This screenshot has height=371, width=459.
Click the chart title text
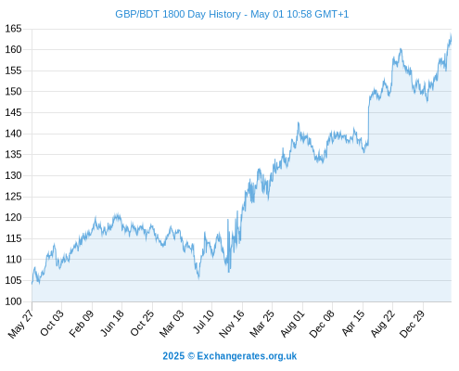point(232,14)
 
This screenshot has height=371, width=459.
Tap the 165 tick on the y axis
point(13,29)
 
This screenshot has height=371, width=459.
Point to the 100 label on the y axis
point(13,301)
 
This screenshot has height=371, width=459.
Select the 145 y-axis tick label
point(13,112)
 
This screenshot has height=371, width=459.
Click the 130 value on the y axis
point(13,175)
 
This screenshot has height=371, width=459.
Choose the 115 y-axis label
point(13,238)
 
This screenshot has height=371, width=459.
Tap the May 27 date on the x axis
point(21,324)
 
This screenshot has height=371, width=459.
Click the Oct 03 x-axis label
point(52,323)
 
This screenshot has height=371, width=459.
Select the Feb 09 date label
point(82,323)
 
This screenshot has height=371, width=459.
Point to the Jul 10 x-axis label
point(203,322)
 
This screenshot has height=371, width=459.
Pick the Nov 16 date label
point(232,324)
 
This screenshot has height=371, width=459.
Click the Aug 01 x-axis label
point(292,323)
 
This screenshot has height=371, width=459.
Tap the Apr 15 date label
point(353,323)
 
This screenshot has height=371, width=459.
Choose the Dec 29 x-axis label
point(413,324)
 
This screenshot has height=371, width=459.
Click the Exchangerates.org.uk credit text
point(247,356)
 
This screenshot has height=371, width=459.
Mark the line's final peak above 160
point(451,34)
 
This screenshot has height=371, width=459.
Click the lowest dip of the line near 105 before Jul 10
point(198,277)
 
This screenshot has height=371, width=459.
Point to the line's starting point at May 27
point(32,283)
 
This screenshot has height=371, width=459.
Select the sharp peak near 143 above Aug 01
point(299,122)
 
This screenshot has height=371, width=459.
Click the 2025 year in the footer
point(173,356)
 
